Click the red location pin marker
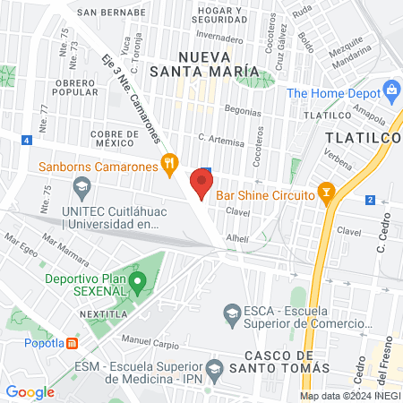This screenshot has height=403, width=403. coord(201,182)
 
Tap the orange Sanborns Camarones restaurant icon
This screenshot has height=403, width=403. coord(167,164)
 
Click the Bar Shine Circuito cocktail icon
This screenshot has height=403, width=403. coord(327,193)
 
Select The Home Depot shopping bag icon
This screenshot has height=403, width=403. coord(391,90)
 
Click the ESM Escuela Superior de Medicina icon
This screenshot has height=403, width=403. coord(214,368)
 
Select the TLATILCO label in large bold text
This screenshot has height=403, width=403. coord(363,138)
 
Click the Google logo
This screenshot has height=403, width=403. coord(30,391)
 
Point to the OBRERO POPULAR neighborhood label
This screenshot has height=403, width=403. coord(81,86)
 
